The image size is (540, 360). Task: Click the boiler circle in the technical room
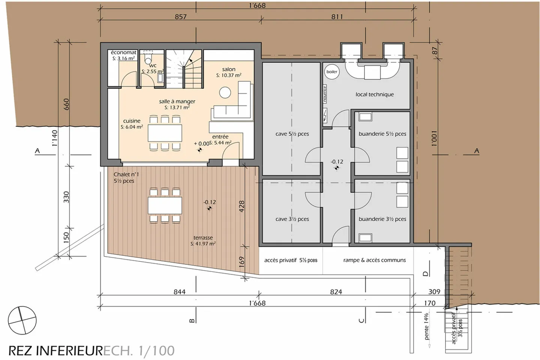point(331,72)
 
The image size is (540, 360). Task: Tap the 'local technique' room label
point(375,94)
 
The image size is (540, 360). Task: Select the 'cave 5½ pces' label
point(292,134)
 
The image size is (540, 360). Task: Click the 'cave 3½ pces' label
point(292,219)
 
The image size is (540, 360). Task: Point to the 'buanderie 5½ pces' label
point(382,134)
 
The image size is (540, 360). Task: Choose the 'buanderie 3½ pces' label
point(382,219)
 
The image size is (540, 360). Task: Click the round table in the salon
point(225,92)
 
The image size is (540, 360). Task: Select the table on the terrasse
point(165,205)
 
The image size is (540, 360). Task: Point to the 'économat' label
point(123,52)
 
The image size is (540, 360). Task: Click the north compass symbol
point(22,320)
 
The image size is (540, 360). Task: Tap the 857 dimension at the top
point(180,17)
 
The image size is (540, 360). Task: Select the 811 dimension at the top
point(337,17)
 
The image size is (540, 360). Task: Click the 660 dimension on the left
point(66,104)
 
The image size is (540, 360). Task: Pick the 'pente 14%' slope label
point(426,326)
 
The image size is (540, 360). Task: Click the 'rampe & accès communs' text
point(374,260)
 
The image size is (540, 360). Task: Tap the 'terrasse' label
point(203,238)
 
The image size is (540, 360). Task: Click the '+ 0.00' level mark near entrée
point(201,144)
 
